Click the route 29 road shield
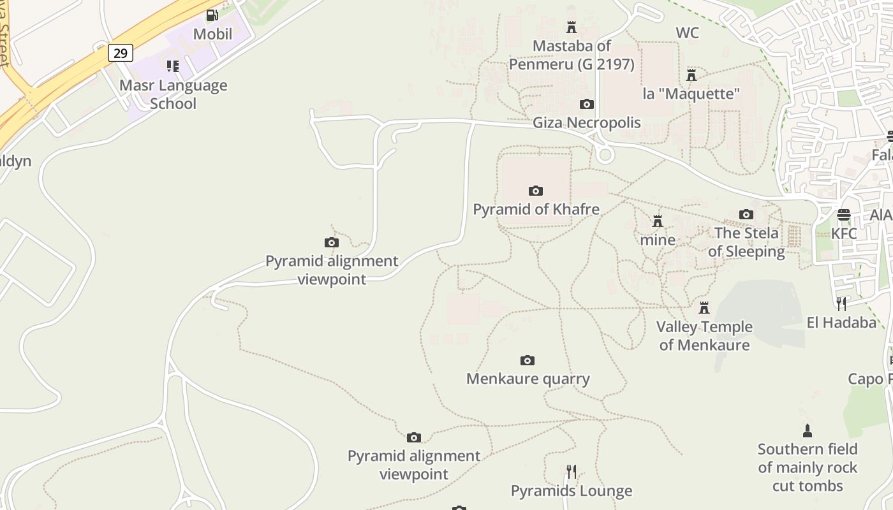point(120,52)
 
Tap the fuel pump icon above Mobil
point(212,15)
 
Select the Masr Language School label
point(173,94)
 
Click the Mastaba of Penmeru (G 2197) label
point(572,55)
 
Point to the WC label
point(687,33)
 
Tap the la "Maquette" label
point(691,94)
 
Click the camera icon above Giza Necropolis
point(586,104)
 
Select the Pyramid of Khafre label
point(536,209)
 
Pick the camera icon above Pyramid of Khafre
point(536,191)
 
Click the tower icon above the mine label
point(658,221)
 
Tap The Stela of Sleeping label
point(746,242)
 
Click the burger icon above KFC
point(844,215)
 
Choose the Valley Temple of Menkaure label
point(704,336)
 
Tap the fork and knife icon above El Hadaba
point(841,303)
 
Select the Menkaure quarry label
point(528,379)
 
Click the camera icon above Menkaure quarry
point(528,360)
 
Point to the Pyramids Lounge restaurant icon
point(572,472)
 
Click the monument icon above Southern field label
point(808,430)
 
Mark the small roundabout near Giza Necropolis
point(605,154)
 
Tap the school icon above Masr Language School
point(173,66)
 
